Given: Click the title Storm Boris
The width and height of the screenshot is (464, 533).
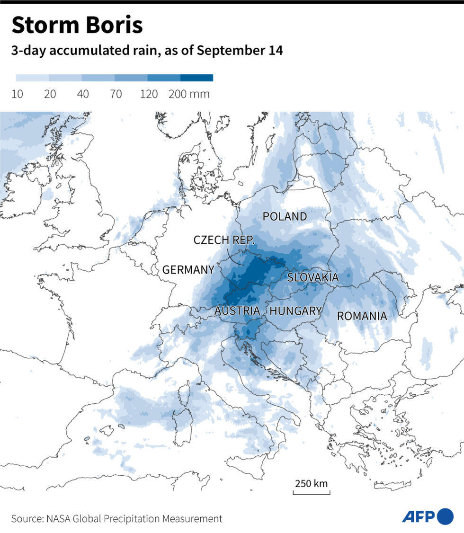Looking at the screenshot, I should [x=77, y=26].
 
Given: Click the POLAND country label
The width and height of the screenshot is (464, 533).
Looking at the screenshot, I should [x=285, y=217].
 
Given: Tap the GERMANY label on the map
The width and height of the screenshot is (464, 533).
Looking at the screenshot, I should [x=188, y=270].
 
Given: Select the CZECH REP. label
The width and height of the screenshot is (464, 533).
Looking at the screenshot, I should [x=224, y=240].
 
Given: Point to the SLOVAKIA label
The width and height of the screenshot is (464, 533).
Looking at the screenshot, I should [x=313, y=277].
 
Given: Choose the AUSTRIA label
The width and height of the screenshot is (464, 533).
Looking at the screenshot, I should [x=237, y=311].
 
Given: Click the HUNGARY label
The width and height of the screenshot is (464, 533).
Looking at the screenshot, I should [x=295, y=311].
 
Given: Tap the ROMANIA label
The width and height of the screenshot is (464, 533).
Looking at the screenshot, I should [x=362, y=316].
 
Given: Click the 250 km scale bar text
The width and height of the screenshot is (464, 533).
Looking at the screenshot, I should [x=311, y=484].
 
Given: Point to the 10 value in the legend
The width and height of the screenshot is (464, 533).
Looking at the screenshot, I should [x=17, y=94].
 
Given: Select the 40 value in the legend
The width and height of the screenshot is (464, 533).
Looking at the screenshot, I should [x=83, y=94].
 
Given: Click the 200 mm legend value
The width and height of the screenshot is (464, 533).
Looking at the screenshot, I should [x=189, y=94].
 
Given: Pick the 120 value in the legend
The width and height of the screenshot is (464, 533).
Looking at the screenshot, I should [x=149, y=94].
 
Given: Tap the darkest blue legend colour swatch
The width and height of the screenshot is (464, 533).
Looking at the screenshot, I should [x=196, y=78].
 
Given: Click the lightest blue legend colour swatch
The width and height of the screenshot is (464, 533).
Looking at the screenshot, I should [x=32, y=78].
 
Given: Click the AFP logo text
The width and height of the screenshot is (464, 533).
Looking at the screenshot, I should [x=419, y=517].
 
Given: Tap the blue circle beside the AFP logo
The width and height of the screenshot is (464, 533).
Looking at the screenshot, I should [x=445, y=516].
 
